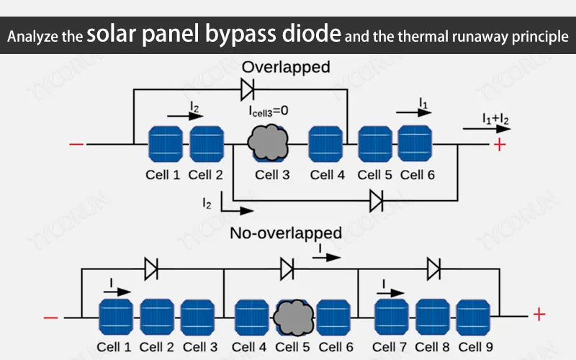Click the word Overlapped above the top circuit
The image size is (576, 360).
pyautogui.click(x=286, y=68)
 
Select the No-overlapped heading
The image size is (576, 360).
pyautogui.click(x=286, y=233)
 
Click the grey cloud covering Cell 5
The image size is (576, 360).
pyautogui.click(x=293, y=315)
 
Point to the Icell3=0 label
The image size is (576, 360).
pyautogui.click(x=269, y=112)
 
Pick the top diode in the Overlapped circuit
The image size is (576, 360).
pyautogui.click(x=248, y=89)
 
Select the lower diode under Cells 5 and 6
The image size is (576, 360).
pyautogui.click(x=375, y=201)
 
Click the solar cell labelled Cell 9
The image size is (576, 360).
pyautogui.click(x=475, y=316)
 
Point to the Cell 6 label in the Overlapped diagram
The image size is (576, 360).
pyautogui.click(x=418, y=175)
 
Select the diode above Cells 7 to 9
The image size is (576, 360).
pyautogui.click(x=433, y=269)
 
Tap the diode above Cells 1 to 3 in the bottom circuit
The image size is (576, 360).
pyautogui.click(x=151, y=269)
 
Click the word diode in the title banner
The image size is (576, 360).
pyautogui.click(x=312, y=34)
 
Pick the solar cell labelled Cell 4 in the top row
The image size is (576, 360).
pyautogui.click(x=325, y=144)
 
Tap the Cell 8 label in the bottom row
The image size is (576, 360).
pyautogui.click(x=432, y=347)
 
